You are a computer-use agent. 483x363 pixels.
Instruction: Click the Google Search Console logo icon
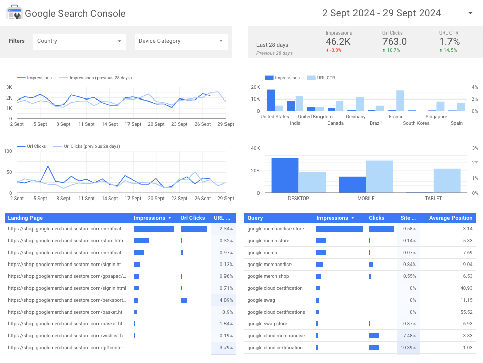pyautogui.click(x=14, y=13)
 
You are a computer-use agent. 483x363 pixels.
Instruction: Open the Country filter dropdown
pyautogui.click(x=79, y=41)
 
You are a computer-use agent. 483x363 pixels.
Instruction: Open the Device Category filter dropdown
pyautogui.click(x=181, y=41)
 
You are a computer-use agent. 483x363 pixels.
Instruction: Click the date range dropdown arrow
pyautogui.click(x=470, y=13)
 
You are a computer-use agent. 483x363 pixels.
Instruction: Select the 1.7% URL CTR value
pyautogui.click(x=449, y=42)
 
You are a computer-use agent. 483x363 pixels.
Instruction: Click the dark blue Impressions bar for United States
pyautogui.click(x=271, y=100)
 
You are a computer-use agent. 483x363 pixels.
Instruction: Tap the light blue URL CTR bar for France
pyautogui.click(x=400, y=101)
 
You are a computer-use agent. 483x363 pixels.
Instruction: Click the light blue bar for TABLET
pyautogui.click(x=447, y=181)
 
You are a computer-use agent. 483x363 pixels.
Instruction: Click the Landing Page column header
pyautogui.click(x=25, y=218)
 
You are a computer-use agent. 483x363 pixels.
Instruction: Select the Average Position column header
pyautogui.click(x=450, y=218)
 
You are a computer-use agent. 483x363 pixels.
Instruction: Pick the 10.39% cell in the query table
pyautogui.click(x=408, y=348)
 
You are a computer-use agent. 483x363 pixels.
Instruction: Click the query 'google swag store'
pyautogui.click(x=267, y=324)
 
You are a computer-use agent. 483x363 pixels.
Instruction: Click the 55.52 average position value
pyautogui.click(x=466, y=312)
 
